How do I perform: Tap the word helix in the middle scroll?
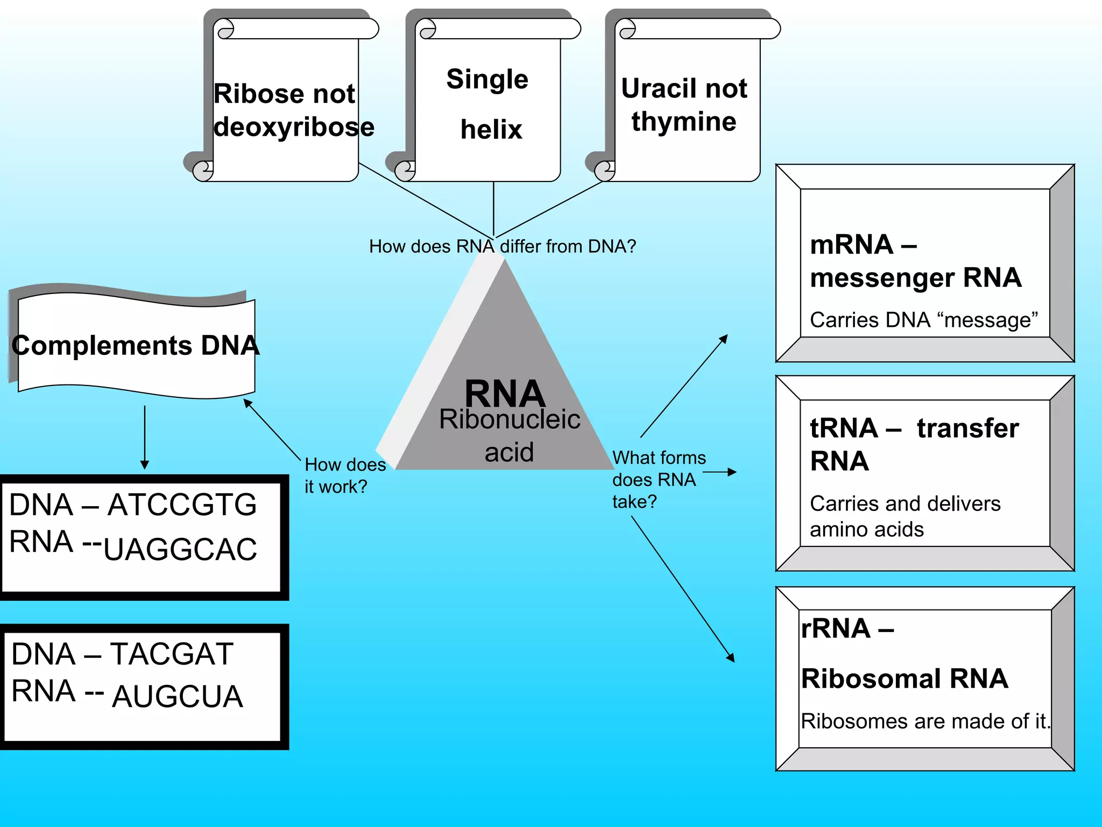[491, 130]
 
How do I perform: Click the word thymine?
[683, 122]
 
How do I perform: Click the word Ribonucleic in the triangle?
[509, 419]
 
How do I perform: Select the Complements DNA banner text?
[136, 346]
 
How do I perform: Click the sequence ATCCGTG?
[182, 505]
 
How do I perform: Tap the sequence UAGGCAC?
[180, 550]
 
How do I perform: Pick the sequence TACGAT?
[172, 655]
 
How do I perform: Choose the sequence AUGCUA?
[178, 697]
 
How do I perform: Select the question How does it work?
[344, 475]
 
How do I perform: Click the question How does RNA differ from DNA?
[502, 247]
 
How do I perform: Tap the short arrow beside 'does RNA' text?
[719, 472]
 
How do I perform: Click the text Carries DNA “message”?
[923, 320]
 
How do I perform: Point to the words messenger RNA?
[915, 278]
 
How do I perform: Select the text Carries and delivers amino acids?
[905, 516]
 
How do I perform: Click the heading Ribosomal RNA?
[904, 678]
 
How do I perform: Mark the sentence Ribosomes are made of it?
[924, 721]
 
